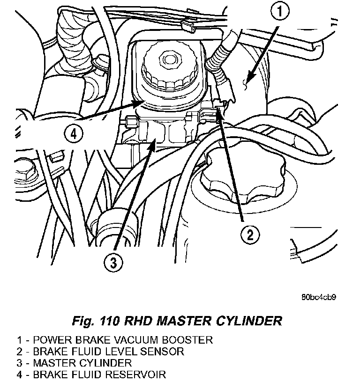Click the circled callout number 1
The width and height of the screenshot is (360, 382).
click(280, 11)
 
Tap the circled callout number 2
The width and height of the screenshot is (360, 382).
click(250, 235)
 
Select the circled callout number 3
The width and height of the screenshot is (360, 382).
click(113, 262)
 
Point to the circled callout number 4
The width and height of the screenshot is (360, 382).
click(74, 134)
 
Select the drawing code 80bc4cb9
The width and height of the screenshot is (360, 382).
click(319, 297)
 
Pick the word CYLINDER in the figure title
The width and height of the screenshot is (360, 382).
click(249, 321)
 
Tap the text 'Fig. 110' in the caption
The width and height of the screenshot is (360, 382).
click(96, 321)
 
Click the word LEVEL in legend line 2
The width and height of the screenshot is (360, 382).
click(120, 352)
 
